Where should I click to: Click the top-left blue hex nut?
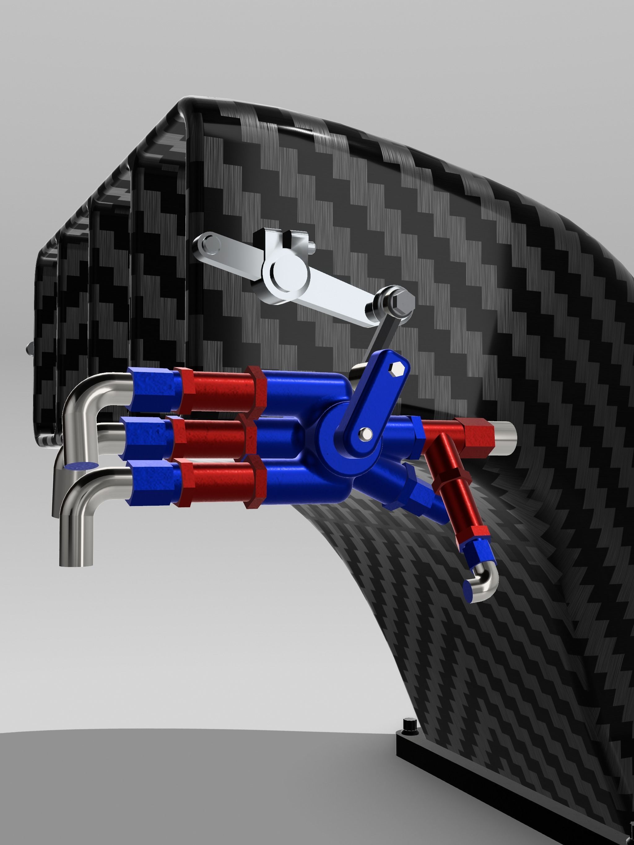point(150,389)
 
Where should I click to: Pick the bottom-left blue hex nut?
point(150,483)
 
